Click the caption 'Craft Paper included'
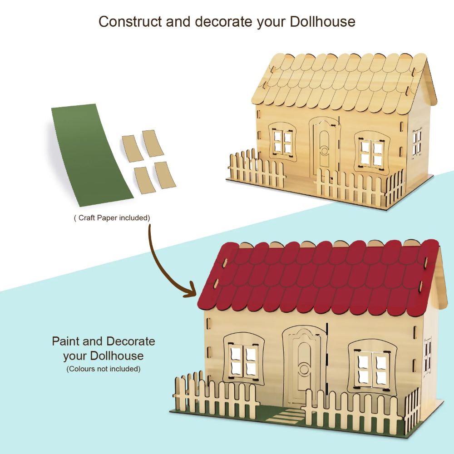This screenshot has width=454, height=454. pos(112,218)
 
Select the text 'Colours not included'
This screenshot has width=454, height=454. pos(104,369)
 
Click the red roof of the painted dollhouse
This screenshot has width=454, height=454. pos(318,277)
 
